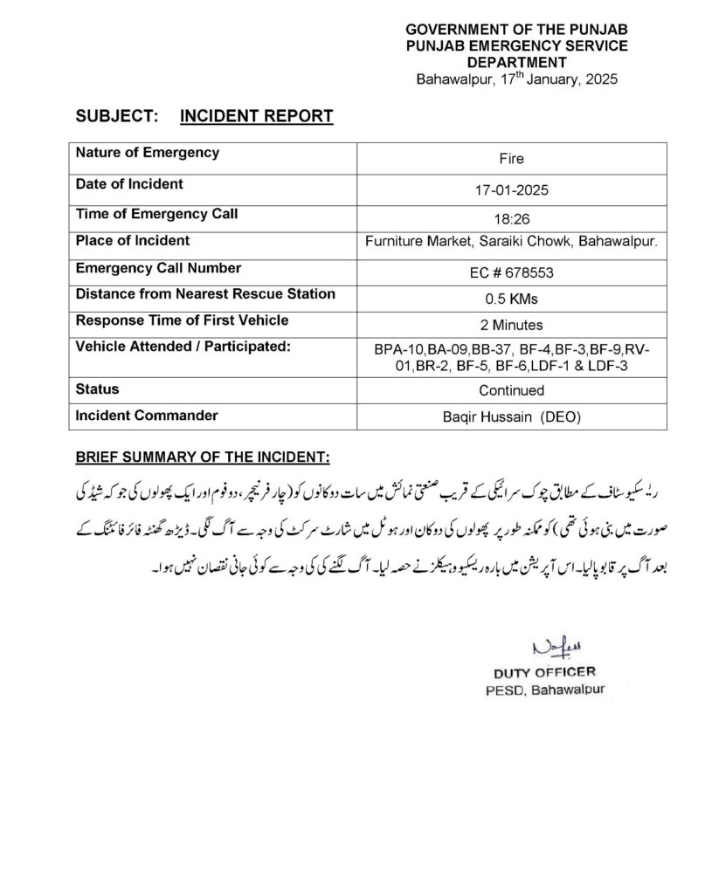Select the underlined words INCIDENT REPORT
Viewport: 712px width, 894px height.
click(x=256, y=115)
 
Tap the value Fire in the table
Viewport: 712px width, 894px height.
click(x=511, y=160)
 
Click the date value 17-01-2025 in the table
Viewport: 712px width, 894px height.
click(x=511, y=189)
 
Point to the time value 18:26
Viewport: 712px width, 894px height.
click(x=511, y=217)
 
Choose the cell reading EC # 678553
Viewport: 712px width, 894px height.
click(x=511, y=272)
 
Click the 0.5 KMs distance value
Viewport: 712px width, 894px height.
click(x=511, y=299)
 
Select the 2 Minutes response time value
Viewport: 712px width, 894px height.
click(x=511, y=325)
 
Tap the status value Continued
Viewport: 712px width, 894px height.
click(x=511, y=390)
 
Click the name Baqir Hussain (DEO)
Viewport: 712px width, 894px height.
click(x=511, y=418)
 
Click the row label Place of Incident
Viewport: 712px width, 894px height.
click(x=133, y=240)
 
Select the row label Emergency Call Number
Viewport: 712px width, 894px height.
click(x=158, y=268)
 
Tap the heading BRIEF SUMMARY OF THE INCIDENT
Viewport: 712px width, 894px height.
click(x=202, y=457)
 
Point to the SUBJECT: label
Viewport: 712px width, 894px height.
click(x=117, y=115)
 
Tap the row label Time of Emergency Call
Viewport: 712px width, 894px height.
click(x=156, y=213)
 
